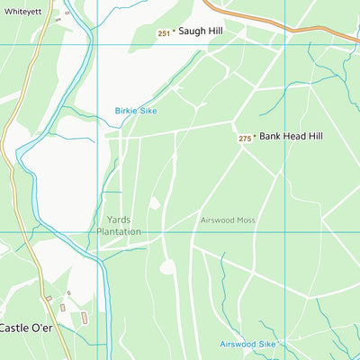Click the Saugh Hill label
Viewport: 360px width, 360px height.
tap(200, 31)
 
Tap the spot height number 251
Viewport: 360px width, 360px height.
tap(163, 33)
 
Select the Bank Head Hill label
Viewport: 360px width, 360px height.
tap(291, 137)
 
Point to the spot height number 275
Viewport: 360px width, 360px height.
tap(245, 139)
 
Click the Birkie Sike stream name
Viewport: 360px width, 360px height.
tap(135, 111)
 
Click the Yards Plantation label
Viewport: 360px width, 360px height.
tap(119, 225)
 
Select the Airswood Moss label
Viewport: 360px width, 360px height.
tap(228, 220)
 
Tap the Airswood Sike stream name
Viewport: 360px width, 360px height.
tap(247, 344)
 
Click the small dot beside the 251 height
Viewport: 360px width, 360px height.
tap(174, 32)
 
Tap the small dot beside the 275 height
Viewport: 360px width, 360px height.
tap(255, 138)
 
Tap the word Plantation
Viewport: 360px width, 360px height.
tap(119, 231)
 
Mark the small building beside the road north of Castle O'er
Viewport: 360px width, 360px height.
tap(67, 294)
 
